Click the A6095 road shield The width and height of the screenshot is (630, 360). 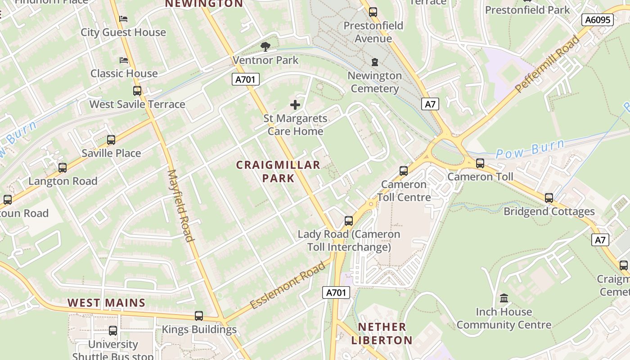[597, 20]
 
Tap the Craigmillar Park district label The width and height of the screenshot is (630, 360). [278, 171]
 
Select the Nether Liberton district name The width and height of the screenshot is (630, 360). [382, 333]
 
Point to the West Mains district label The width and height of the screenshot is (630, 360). [107, 303]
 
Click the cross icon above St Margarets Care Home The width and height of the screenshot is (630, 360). [295, 105]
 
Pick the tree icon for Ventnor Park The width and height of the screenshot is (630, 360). [265, 46]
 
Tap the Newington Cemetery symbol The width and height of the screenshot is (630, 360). [374, 62]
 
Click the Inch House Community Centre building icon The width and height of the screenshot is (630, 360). [504, 298]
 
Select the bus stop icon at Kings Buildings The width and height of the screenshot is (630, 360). [199, 316]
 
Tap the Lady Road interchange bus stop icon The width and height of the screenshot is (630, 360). [349, 221]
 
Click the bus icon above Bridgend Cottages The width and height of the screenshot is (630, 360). [549, 198]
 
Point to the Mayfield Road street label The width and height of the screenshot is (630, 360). [180, 205]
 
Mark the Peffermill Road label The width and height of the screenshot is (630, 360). [547, 64]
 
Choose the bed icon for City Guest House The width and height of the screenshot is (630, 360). [123, 19]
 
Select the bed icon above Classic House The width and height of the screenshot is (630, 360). [124, 60]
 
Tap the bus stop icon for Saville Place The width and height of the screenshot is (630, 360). [111, 140]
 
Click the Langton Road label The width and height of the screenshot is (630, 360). [63, 181]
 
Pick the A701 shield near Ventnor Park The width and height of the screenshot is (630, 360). [246, 80]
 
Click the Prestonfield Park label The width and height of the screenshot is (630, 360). [527, 10]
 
